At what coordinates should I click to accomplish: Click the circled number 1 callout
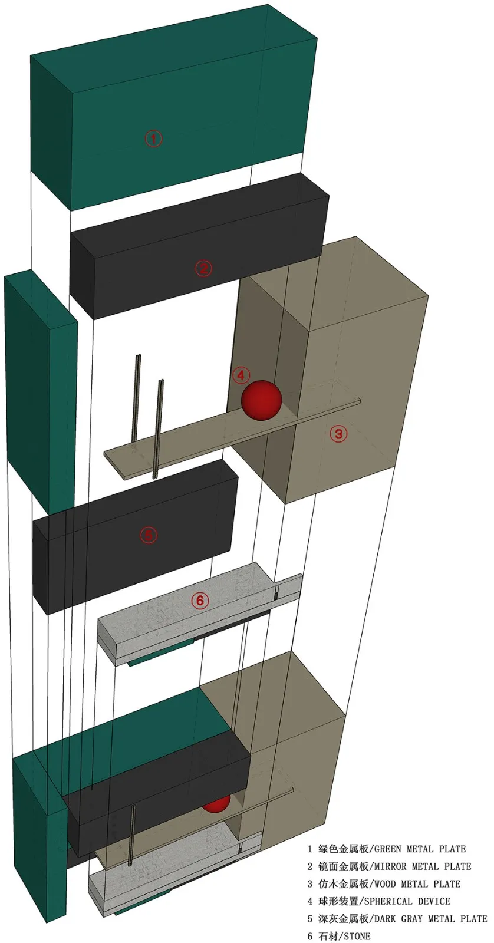point(154,138)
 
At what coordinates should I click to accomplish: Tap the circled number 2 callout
point(203,268)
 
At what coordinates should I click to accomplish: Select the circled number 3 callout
point(338,433)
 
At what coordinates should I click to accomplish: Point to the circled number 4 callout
point(241,375)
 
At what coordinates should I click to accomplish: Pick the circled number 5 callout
point(148,535)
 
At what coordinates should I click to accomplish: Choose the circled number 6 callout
point(200,601)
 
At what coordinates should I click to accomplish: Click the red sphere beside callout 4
point(261,400)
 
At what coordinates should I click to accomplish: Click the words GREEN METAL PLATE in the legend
point(420,849)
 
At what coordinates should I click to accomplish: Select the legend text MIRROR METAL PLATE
point(423,866)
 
